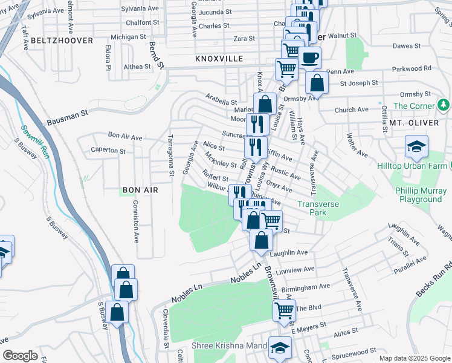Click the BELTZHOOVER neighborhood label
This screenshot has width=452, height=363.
tap(63, 41)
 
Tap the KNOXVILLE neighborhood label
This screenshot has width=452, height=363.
tap(219, 59)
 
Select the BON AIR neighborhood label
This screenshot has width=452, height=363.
tap(140, 190)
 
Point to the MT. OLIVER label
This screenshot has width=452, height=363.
tap(413, 122)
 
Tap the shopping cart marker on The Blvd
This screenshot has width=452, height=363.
tap(283, 310)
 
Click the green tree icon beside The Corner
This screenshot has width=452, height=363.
tap(444, 105)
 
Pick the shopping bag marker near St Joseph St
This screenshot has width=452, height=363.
tap(316, 83)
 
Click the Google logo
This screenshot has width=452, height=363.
tap(21, 356)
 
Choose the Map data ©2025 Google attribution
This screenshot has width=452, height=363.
tap(414, 358)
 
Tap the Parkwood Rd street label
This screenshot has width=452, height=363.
tap(410, 68)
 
